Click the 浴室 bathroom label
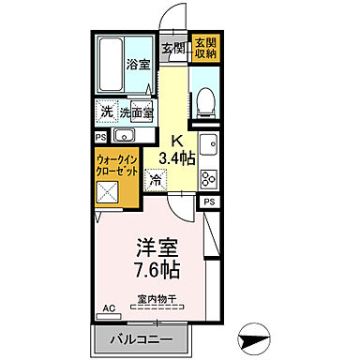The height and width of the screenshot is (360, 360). tap(138, 67)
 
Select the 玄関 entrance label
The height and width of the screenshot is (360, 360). tap(172, 49)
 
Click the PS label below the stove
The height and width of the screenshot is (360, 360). tap(210, 202)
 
